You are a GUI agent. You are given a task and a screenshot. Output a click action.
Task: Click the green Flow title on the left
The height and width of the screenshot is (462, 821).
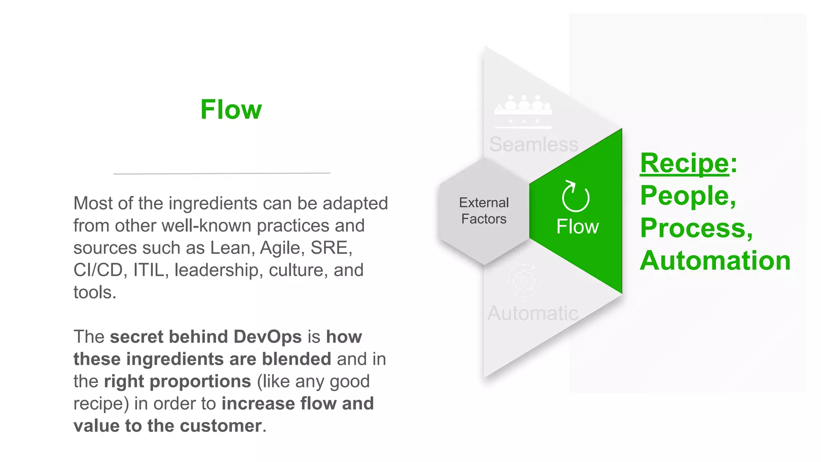coord(231,109)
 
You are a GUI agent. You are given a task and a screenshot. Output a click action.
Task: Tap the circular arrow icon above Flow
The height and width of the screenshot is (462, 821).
coord(575,196)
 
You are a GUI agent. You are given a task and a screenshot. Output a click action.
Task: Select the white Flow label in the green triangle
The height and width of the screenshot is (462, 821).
coord(577,227)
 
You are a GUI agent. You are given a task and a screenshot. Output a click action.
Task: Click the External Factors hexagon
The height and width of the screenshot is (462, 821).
coord(484,211)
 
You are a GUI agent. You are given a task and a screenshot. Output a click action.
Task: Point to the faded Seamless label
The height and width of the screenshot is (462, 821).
coord(534,144)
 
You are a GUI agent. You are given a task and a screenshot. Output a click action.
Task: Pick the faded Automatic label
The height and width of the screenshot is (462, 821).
coord(533,313)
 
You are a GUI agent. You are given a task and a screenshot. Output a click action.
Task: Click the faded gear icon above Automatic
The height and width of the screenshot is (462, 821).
coord(524,281)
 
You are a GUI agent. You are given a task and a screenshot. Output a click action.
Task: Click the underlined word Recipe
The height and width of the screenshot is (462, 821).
coord(684,163)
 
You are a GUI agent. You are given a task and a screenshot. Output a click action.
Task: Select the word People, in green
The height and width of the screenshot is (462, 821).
coord(688,196)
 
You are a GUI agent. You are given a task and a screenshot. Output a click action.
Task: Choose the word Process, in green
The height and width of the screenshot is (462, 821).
coord(696,228)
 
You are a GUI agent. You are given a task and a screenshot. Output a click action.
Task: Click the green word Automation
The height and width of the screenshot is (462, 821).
coord(715,261)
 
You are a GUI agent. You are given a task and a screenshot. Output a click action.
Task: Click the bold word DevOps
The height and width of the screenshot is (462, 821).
coord(267,336)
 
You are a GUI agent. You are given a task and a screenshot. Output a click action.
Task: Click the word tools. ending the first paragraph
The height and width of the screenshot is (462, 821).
coord(95,292)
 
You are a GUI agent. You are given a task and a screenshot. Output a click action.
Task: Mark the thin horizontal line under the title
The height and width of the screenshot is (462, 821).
coord(222,173)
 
